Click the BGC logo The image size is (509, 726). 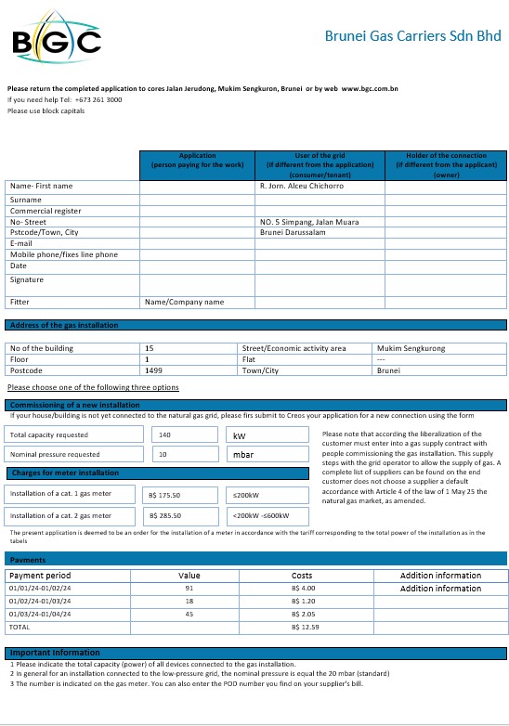(57, 40)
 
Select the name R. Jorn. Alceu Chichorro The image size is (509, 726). (301, 187)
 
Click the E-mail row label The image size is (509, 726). (23, 243)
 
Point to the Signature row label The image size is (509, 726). (27, 279)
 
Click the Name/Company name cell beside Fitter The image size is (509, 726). (185, 302)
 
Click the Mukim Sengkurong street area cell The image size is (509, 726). (411, 348)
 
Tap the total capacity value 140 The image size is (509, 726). (165, 434)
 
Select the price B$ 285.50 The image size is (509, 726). (165, 516)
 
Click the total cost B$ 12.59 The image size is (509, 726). (306, 628)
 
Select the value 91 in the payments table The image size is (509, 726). (189, 589)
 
